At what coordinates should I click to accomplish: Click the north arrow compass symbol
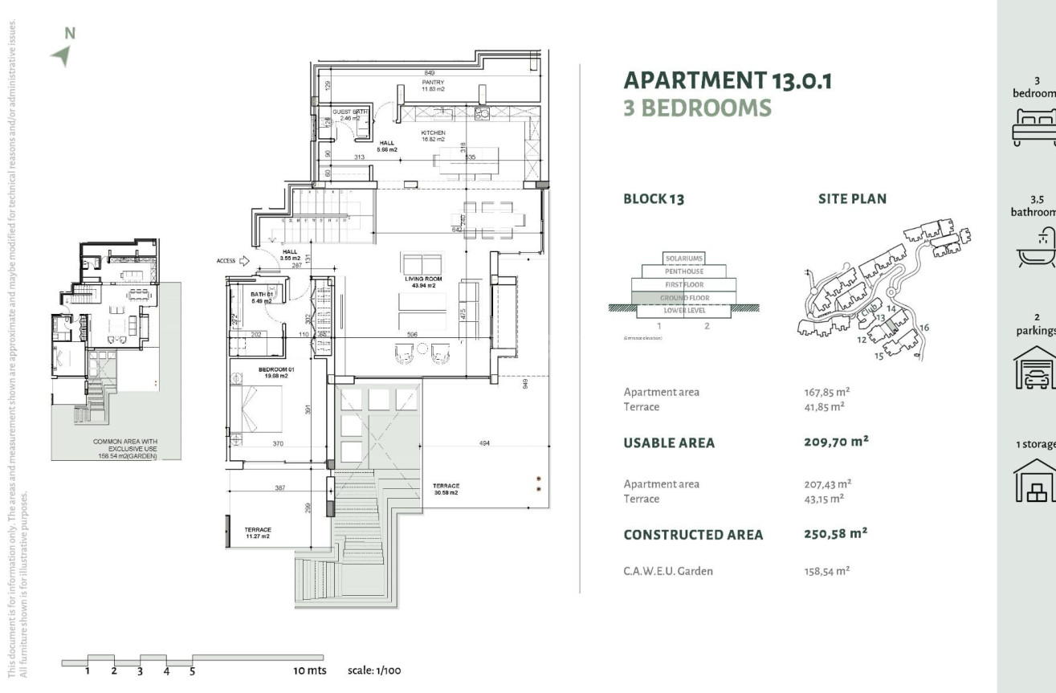pyautogui.click(x=61, y=55)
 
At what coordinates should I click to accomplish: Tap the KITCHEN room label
pyautogui.click(x=433, y=135)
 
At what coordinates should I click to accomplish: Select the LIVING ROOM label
pyautogui.click(x=420, y=282)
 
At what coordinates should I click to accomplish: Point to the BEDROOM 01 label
pyautogui.click(x=277, y=372)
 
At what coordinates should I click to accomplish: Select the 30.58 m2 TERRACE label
pyautogui.click(x=446, y=489)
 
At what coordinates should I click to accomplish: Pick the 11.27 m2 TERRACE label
pyautogui.click(x=258, y=532)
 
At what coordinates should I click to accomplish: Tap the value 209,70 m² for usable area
pyautogui.click(x=835, y=442)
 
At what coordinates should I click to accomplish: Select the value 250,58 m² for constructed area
pyautogui.click(x=835, y=533)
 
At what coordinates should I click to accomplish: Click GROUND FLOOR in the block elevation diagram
pyautogui.click(x=683, y=297)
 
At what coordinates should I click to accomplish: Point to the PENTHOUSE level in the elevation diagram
pyautogui.click(x=683, y=271)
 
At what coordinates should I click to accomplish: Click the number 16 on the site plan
pyautogui.click(x=924, y=327)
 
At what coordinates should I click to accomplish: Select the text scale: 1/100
pyautogui.click(x=374, y=671)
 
